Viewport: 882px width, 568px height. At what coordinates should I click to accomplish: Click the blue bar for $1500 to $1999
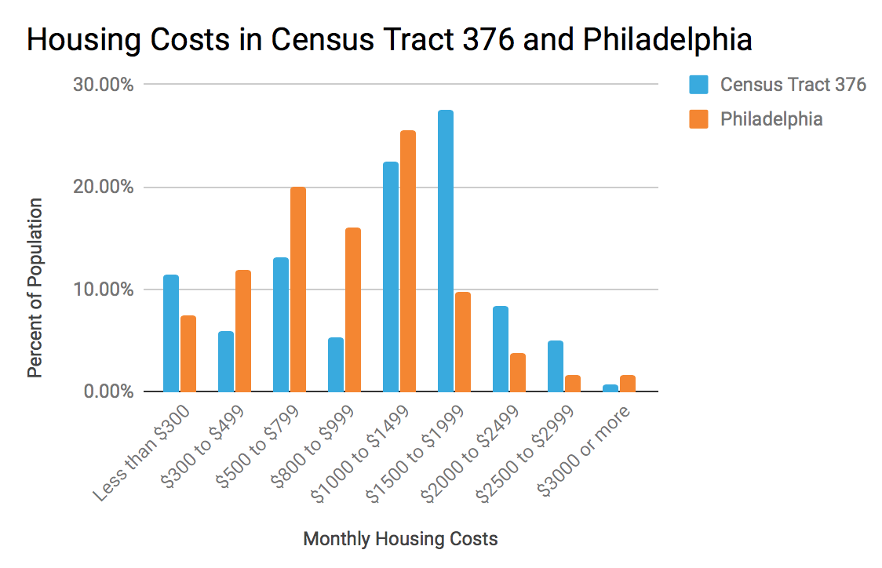pos(446,251)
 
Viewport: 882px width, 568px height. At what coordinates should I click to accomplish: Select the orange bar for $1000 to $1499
pos(408,261)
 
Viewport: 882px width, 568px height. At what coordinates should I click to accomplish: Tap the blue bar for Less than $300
pos(171,333)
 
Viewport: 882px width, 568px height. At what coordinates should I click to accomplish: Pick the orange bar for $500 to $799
pos(298,289)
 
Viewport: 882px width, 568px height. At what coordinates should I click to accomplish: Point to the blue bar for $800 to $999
pos(336,365)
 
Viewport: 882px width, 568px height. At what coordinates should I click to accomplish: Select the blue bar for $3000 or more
pos(610,388)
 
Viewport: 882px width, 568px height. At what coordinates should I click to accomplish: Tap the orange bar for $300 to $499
pos(243,331)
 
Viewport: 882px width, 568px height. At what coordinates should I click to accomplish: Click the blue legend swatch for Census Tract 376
pos(698,85)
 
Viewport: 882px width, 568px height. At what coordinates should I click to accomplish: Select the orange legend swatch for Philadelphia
pos(698,119)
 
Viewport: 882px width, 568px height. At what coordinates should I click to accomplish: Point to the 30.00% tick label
pos(103,85)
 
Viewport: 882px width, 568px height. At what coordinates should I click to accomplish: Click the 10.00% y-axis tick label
pos(103,289)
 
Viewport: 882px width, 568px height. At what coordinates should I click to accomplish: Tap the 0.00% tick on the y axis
pos(107,391)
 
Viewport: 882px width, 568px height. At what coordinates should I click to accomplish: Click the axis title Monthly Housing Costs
pos(400,539)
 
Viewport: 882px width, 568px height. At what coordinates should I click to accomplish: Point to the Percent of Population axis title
pos(35,288)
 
